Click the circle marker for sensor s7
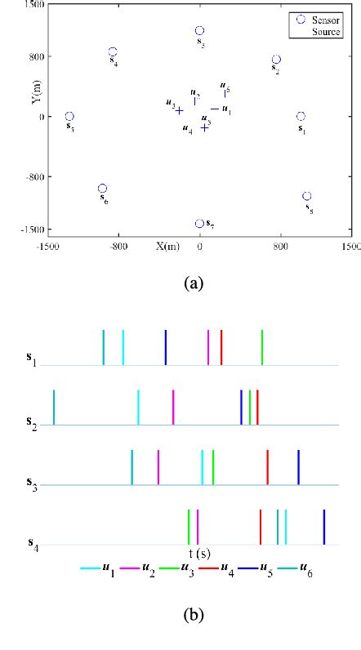tap(199, 224)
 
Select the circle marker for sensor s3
tap(199, 31)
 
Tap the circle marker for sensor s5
tap(69, 117)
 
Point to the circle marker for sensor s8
tap(307, 196)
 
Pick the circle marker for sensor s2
tap(276, 60)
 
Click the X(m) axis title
tap(167, 246)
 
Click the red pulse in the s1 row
tap(221, 347)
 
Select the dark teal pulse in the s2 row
tap(54, 407)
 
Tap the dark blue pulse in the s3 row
tap(298, 467)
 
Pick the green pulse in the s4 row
tap(189, 526)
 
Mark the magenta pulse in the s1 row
tap(208, 347)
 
